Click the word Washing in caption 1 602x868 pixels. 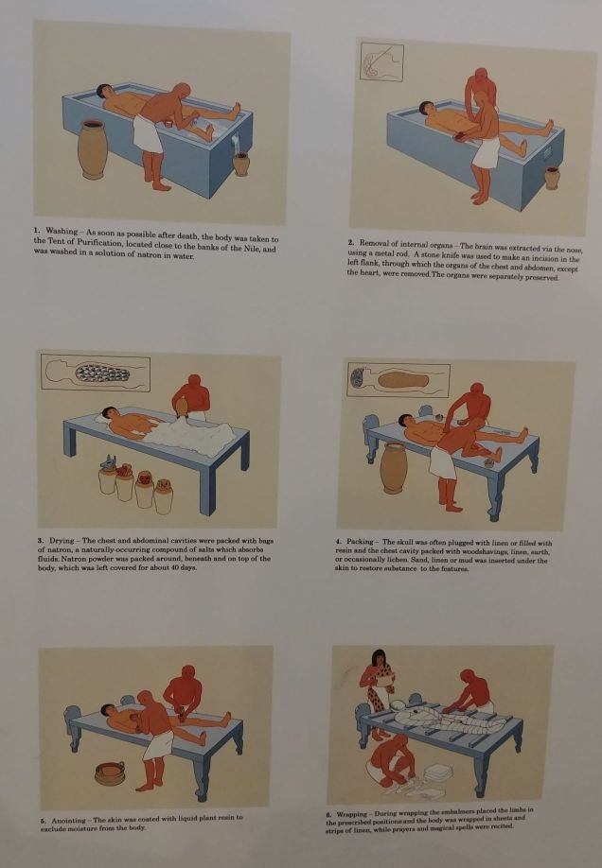(x=62, y=231)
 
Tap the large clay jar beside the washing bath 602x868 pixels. (x=92, y=149)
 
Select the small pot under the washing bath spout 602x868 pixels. (x=240, y=164)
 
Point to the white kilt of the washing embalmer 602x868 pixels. (x=147, y=134)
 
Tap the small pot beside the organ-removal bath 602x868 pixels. (x=552, y=178)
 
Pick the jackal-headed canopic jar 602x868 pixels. (x=107, y=475)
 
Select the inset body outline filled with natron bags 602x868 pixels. (x=96, y=373)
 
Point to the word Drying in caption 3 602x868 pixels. (x=62, y=540)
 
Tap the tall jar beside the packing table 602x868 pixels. (x=394, y=467)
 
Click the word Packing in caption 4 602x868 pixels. (x=362, y=542)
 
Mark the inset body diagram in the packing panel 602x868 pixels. (x=398, y=380)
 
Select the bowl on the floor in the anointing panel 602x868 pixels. (x=110, y=773)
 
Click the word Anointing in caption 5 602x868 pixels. (x=69, y=821)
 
